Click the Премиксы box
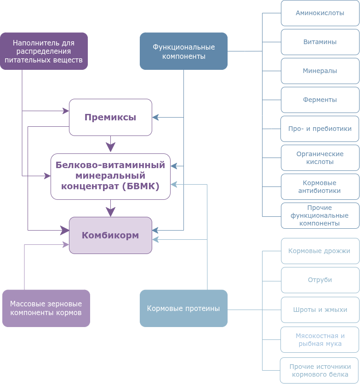(110, 117)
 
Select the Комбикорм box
(110, 235)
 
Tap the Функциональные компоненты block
(183, 51)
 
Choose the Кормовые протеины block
(183, 308)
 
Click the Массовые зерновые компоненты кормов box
(46, 308)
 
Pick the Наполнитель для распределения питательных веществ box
(44, 51)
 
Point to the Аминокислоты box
(320, 13)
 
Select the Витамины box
(320, 42)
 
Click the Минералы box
(320, 71)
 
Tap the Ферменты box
(320, 100)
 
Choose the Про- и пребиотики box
(320, 129)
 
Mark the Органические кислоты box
(320, 158)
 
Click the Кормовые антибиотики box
(320, 186)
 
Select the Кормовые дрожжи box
(320, 251)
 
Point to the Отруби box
(320, 280)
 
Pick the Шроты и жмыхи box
(320, 310)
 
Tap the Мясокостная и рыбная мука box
(320, 339)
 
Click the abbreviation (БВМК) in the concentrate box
(141, 186)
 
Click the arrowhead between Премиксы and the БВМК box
(110, 147)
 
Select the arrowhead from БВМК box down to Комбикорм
(110, 212)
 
